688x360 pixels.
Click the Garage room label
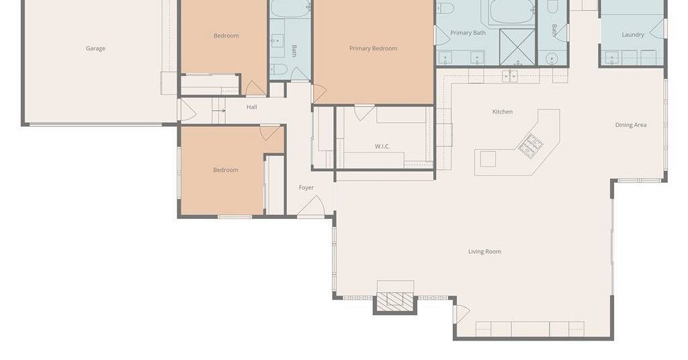point(95,48)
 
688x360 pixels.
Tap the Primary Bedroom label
point(373,48)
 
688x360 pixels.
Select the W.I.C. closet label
point(382,146)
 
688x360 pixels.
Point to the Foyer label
point(306,187)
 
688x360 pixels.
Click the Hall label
point(251,107)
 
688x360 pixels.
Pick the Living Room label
point(484,252)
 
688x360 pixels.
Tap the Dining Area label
point(630,125)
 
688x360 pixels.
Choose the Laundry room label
point(633,35)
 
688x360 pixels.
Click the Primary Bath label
point(468,33)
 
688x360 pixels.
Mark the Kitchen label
point(503,111)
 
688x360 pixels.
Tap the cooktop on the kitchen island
point(531,146)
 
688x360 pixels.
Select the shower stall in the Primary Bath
point(517,47)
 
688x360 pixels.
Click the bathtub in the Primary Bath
point(511,12)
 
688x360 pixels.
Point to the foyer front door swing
point(311,206)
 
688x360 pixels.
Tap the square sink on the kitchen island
point(488,159)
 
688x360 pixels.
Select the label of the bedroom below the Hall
point(226,170)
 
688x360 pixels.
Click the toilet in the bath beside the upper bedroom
point(278,69)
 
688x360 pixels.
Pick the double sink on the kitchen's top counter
point(510,77)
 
